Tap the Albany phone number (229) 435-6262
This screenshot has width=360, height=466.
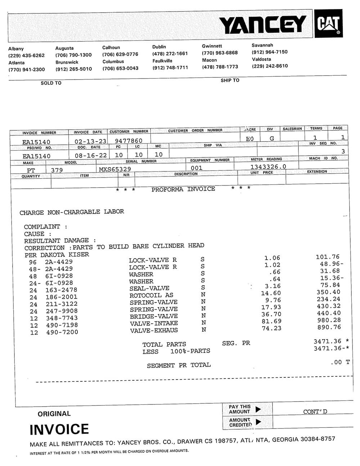(x=27, y=55)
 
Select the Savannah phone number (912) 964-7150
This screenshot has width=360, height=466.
(x=270, y=52)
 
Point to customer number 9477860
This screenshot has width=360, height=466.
(x=129, y=141)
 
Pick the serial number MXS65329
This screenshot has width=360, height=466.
(x=115, y=169)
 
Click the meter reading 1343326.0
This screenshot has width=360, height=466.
(x=269, y=166)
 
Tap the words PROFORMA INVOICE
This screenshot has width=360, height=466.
(x=183, y=189)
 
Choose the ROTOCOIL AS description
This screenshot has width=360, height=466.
(x=151, y=295)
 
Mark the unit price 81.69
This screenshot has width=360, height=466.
(x=271, y=321)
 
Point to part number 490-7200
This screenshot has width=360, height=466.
(x=62, y=332)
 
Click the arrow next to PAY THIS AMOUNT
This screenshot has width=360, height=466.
(x=258, y=409)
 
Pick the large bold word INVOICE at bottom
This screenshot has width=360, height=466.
(x=59, y=429)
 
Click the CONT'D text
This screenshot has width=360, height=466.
(x=315, y=412)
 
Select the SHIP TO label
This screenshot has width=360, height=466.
(x=230, y=80)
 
